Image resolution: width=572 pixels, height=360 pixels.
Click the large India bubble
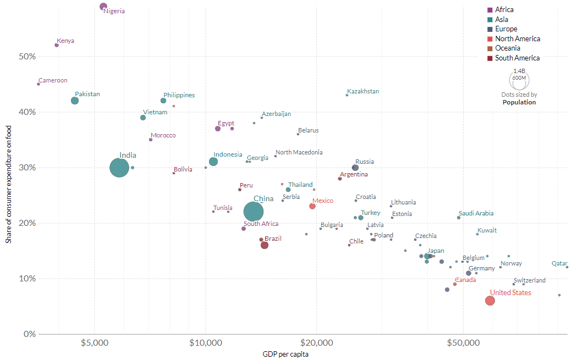coord(119,168)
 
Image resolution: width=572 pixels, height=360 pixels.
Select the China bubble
coord(253,212)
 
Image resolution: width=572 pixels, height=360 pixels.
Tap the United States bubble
coord(490,301)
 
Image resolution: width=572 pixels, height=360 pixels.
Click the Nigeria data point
coord(103,7)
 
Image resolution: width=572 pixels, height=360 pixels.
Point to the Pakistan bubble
coord(75,101)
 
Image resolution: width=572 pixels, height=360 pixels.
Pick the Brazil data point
coord(265,245)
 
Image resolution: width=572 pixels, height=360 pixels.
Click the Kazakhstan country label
coord(363,91)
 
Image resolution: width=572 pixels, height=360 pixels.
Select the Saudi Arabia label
coord(476,213)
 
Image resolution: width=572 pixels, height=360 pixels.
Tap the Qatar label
coord(559,263)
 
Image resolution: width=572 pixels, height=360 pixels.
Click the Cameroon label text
coord(53,80)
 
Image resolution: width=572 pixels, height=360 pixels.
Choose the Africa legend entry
coord(504,9)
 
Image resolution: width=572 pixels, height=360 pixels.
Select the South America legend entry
coord(517,58)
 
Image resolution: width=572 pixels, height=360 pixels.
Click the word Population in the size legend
coord(519,102)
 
